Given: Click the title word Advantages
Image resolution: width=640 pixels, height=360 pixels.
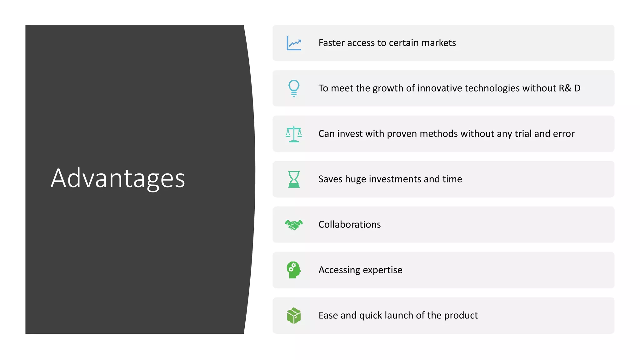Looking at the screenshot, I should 118,178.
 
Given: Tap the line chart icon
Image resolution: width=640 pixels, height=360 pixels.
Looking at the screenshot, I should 294,43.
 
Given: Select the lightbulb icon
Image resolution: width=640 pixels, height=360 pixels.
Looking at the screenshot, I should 294,88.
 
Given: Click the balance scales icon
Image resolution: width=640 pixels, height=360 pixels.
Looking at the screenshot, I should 294,134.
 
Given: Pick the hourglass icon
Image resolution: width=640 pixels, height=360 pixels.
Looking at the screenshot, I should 294,179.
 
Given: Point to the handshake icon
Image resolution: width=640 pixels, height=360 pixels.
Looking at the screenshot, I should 294,224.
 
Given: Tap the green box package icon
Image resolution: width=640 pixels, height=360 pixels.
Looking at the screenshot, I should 294,315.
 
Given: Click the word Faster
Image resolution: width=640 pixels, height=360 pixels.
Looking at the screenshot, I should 331,43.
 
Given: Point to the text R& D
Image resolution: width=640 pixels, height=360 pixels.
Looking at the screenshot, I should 569,88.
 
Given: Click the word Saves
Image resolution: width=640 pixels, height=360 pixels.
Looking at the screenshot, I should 330,179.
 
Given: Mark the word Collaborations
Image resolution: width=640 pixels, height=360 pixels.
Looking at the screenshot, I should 349,224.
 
